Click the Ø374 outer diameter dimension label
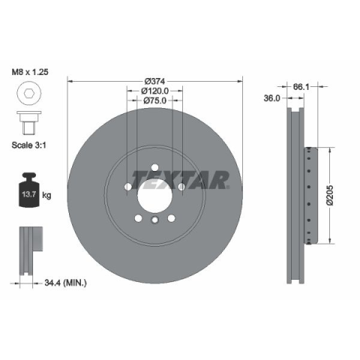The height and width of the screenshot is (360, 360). coord(154,81)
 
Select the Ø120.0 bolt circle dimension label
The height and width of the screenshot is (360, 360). coord(154,91)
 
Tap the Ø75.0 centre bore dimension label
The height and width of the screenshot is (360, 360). coord(154,100)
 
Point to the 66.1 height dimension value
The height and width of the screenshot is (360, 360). coord(301,87)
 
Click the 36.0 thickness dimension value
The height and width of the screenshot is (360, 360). coord(271,98)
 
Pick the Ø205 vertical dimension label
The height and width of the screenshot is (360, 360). coord(330,195)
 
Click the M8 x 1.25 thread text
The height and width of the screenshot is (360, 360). coord(30,72)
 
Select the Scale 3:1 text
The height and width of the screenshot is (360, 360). coord(29,145)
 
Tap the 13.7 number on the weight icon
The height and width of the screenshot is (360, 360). coord(29,194)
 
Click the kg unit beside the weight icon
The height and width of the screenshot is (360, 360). coord(46,195)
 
